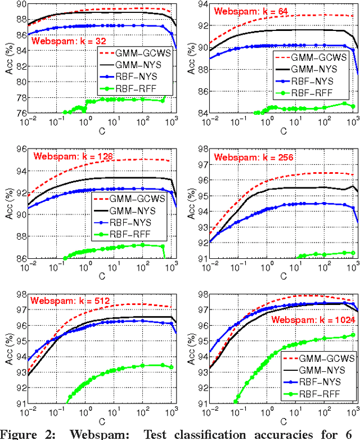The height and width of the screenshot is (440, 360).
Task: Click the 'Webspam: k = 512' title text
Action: pyautogui.click(x=68, y=300)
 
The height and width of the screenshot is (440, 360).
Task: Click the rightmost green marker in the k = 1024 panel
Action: pyautogui.click(x=353, y=335)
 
